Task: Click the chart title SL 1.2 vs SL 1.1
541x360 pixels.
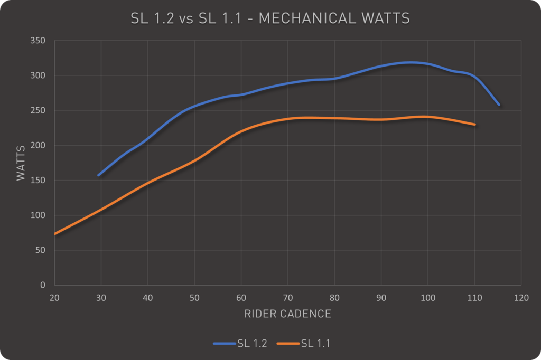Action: [x=270, y=18]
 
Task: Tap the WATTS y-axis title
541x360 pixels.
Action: [x=21, y=163]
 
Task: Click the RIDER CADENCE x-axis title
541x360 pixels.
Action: [x=288, y=314]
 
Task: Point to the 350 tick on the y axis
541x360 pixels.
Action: [x=39, y=41]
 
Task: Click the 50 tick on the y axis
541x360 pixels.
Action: [x=41, y=250]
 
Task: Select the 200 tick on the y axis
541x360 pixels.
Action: [x=39, y=145]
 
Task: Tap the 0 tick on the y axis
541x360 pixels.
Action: [x=43, y=285]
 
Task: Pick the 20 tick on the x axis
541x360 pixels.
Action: [x=54, y=298]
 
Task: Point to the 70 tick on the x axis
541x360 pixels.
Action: [x=288, y=298]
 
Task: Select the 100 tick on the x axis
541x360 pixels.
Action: [x=428, y=298]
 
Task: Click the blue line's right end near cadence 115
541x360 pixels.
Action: [x=499, y=105]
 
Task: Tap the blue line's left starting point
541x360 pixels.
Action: [x=99, y=175]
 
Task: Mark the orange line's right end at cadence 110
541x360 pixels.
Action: [x=475, y=125]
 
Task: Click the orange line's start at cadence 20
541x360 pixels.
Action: [x=55, y=234]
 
